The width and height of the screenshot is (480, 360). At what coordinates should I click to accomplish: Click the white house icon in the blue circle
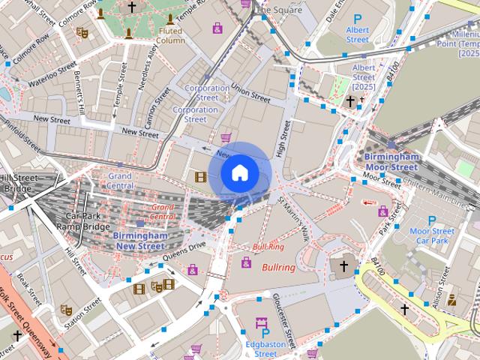(238, 172)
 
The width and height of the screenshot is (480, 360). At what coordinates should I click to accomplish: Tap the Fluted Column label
(170, 35)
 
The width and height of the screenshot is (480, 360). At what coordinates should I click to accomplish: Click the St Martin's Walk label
(293, 218)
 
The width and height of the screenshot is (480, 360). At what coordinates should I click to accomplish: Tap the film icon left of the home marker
(200, 177)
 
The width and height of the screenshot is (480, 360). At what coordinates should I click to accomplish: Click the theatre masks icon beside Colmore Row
(82, 34)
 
